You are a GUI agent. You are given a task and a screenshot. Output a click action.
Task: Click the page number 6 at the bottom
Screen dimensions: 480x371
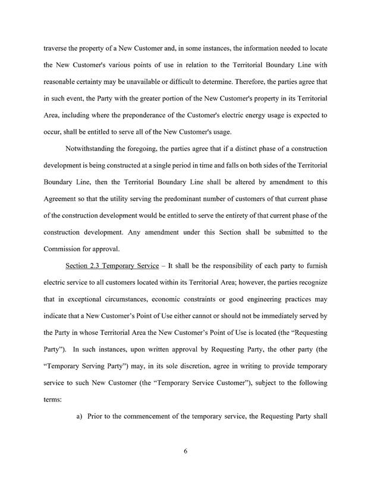pos(185,449)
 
